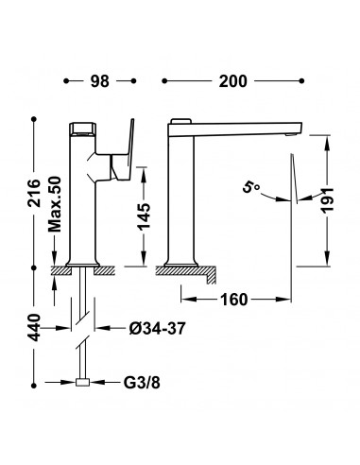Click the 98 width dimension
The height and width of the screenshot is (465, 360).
99,81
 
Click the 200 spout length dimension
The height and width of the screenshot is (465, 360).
233,81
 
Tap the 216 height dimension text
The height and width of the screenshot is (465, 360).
34,193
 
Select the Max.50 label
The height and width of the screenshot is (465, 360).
55,204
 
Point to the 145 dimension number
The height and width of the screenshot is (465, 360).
145,216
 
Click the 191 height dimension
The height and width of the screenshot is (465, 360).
328,200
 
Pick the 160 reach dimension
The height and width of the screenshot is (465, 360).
234,300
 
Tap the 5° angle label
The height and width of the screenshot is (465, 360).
251,187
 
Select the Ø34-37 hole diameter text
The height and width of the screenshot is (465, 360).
157,329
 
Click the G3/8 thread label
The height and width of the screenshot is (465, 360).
142,383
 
